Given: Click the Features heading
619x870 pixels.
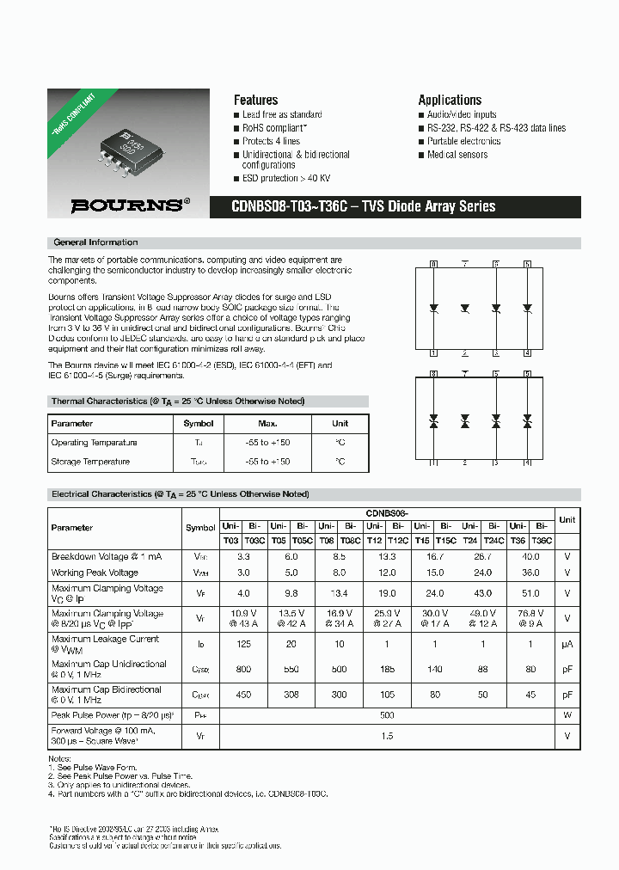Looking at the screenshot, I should coord(255,100).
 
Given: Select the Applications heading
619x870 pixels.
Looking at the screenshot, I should coord(450,100).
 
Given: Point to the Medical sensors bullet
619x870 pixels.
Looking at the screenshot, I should coord(457,155).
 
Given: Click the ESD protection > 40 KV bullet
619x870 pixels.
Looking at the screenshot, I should coord(286,178).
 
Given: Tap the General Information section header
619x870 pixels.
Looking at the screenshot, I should coord(95,242).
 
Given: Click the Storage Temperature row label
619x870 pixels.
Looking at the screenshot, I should coord(90,462).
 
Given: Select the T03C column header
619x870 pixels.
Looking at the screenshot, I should coord(254,541).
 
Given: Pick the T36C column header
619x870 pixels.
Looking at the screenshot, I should coord(541,541).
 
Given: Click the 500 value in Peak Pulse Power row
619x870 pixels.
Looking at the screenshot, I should coord(387,715).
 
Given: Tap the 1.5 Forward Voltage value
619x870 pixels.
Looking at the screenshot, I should coord(387,736).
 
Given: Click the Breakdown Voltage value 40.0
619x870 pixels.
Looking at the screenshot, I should coord(530,557).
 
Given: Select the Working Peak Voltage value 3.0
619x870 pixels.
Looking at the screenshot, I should coord(243,573).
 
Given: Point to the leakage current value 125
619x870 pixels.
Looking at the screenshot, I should coord(243,644).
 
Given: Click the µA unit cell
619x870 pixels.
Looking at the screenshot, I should coord(567,644).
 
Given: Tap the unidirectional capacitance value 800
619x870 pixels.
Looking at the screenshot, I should coord(243,669).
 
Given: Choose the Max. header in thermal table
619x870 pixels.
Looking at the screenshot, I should coord(267,424).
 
